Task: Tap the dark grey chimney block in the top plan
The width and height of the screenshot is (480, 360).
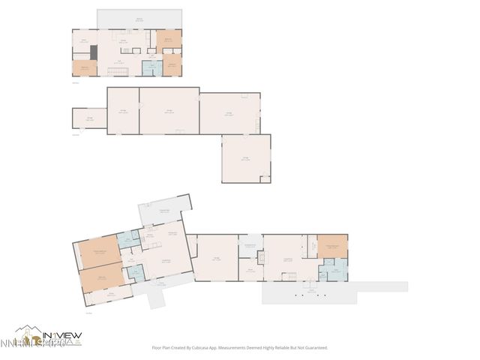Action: (93, 52)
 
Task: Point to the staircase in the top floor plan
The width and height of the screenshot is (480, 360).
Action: (116, 71)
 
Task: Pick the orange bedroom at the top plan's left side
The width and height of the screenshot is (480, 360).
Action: (84, 68)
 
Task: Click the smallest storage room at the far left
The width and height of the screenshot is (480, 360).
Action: (89, 118)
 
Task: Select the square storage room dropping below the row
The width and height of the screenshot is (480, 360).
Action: (244, 157)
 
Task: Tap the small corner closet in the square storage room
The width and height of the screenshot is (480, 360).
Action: (265, 178)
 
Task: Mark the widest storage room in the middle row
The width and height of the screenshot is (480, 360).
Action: (169, 111)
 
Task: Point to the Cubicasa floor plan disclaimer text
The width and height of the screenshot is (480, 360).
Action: (240, 348)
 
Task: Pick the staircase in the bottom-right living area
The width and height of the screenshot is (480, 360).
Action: (289, 277)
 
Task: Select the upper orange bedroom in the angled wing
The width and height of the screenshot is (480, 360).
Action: (96, 252)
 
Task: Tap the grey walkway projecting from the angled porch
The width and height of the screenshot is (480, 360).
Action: (158, 299)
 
